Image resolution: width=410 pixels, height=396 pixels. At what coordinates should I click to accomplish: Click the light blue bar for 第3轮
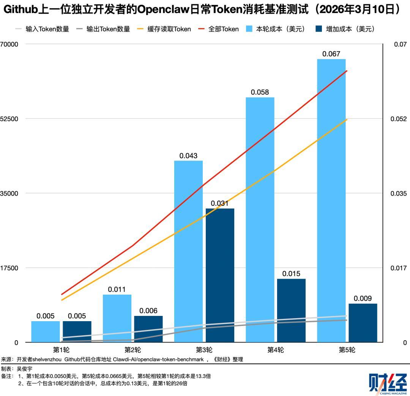(188, 251)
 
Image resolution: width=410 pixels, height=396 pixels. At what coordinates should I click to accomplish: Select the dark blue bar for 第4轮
(291, 311)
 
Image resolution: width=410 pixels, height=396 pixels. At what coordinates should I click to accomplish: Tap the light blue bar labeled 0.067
(331, 200)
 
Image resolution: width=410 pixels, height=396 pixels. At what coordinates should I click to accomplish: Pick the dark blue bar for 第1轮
(77, 332)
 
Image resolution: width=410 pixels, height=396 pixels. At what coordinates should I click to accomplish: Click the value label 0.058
(260, 92)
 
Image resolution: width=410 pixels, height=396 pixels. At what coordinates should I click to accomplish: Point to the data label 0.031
(219, 203)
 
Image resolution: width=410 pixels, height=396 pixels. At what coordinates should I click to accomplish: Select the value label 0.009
(363, 298)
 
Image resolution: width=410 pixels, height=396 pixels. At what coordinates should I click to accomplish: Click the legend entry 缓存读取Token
(164, 29)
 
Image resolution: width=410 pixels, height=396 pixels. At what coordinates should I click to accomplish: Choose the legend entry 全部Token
(218, 29)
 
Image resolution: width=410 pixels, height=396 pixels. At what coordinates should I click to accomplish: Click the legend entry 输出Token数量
(103, 29)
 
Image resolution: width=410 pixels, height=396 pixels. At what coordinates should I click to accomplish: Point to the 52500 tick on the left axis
(9, 119)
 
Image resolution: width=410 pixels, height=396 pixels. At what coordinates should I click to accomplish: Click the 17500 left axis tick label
(9, 268)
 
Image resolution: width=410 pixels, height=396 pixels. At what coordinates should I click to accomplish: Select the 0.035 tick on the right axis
(399, 194)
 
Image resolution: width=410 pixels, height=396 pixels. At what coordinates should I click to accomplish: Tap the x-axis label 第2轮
(132, 350)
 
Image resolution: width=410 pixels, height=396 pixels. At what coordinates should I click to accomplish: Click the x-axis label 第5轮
(347, 350)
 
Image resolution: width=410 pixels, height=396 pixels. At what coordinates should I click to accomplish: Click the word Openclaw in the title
(163, 9)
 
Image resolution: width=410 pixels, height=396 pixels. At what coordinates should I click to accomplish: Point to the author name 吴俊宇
(25, 369)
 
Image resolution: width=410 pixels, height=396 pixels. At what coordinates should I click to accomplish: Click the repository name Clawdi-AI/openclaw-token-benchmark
(158, 360)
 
